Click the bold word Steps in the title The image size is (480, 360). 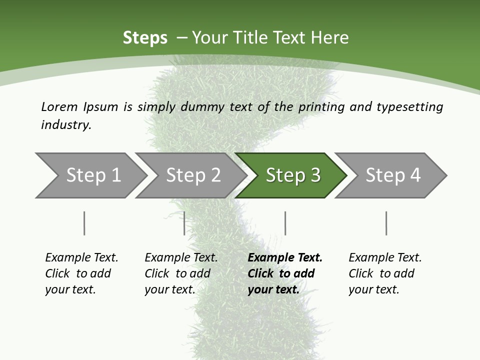[x=145, y=38]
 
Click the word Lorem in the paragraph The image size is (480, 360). [x=59, y=106]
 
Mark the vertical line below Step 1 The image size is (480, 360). [x=84, y=223]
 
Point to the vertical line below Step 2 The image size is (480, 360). [x=184, y=223]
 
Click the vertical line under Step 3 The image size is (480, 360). [x=285, y=223]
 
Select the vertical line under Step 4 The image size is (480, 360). [x=386, y=223]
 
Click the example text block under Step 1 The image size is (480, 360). [x=81, y=273]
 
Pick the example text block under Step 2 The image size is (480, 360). [x=181, y=273]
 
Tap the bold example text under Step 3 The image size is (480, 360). [x=285, y=273]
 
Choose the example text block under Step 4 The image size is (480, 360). [x=385, y=273]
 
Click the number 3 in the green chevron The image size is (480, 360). [x=315, y=175]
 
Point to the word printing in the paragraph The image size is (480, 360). [x=320, y=107]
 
